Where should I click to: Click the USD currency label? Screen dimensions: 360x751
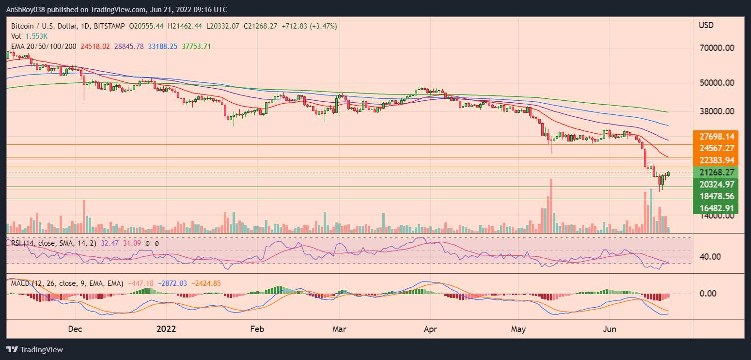point(706,25)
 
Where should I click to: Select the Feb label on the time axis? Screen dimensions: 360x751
point(257,329)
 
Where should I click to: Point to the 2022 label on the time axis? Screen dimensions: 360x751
point(167,329)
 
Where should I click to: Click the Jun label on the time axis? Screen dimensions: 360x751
point(610,329)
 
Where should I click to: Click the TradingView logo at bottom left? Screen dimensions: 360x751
point(35,350)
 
